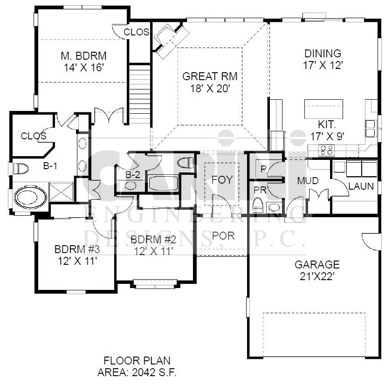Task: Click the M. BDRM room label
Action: (x=84, y=56)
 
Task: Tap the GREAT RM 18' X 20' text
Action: (x=210, y=82)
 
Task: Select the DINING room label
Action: (x=323, y=54)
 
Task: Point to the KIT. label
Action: (x=327, y=124)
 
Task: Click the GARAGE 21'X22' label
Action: (x=317, y=270)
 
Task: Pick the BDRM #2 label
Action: (x=153, y=240)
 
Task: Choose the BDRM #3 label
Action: (x=77, y=249)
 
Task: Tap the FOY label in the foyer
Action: (x=222, y=180)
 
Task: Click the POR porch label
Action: (x=223, y=236)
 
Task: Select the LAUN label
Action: (x=361, y=186)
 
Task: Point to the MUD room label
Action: (x=308, y=181)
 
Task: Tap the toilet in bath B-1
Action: (x=21, y=169)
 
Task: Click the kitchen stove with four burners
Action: (x=326, y=151)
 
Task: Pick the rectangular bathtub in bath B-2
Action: (x=163, y=184)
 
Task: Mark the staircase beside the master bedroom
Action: (x=140, y=94)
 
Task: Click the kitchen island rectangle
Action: (x=323, y=109)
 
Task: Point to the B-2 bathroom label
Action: (x=133, y=175)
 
